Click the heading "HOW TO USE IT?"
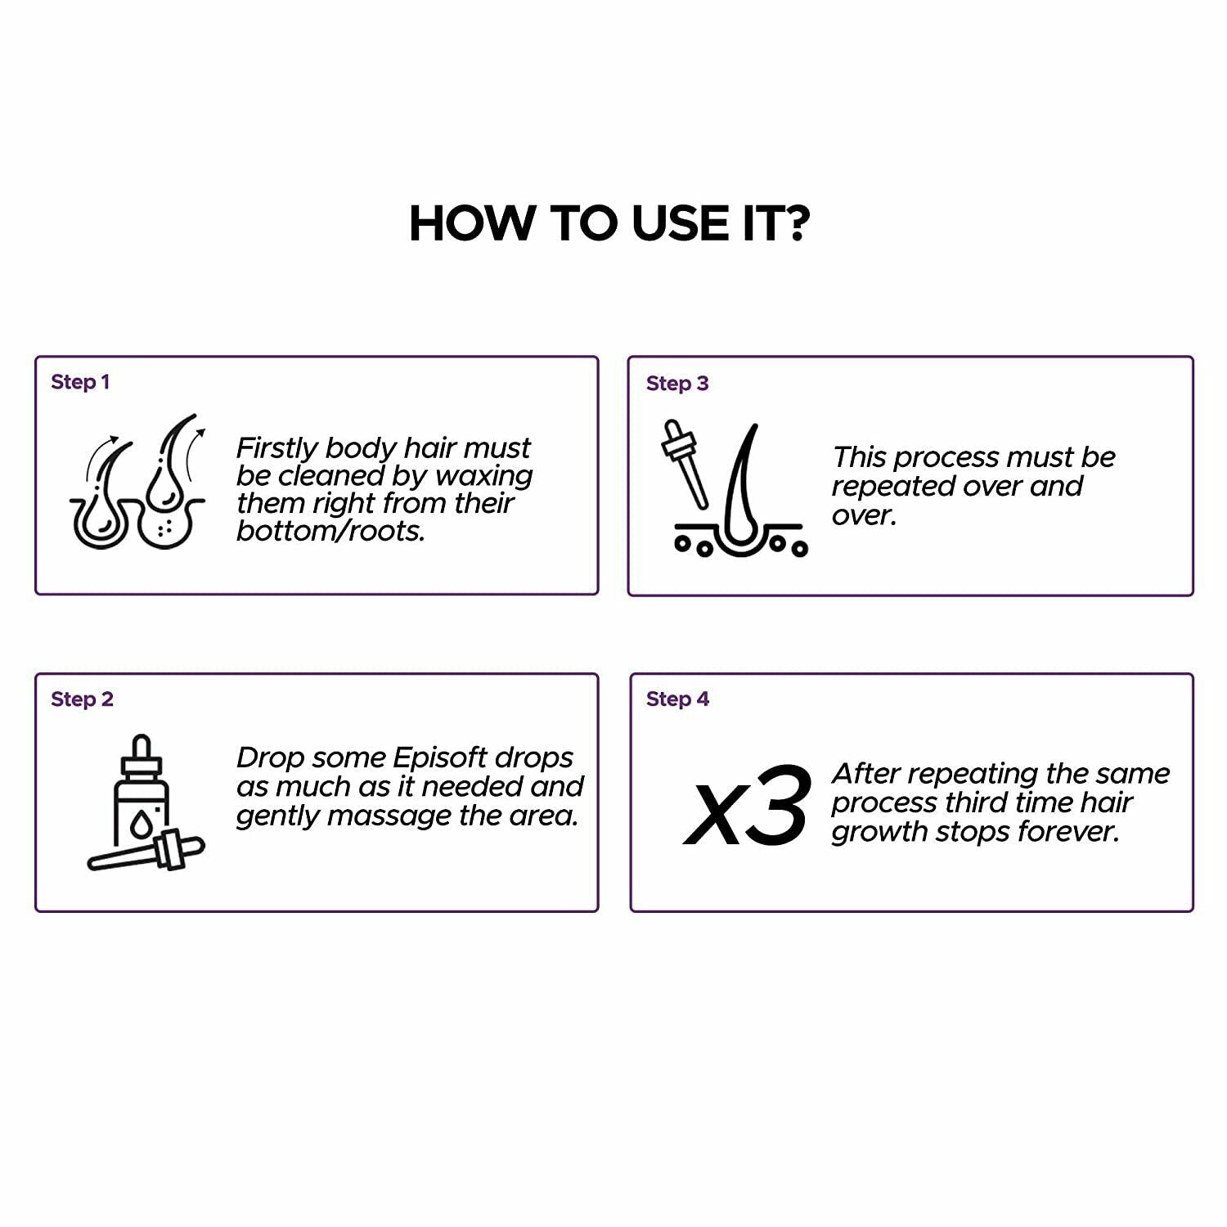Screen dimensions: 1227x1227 609,222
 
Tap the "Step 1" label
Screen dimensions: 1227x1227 80,382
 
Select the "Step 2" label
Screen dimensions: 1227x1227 82,699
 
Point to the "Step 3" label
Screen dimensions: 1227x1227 677,384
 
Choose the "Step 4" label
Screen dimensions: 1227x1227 677,699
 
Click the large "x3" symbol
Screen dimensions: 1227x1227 747,807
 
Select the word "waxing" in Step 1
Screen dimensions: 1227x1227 485,477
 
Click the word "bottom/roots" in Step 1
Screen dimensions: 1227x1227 330,532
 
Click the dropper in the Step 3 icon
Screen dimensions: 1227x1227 685,463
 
